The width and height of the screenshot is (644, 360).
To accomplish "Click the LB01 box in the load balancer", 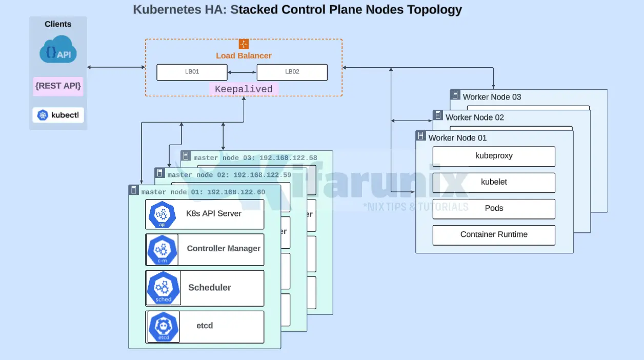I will pos(192,72).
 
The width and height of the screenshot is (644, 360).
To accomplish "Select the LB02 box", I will pos(292,72).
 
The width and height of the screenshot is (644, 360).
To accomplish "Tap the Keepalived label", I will pos(244,89).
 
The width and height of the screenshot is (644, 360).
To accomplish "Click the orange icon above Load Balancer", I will pos(244,44).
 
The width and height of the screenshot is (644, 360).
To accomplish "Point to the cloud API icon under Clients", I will pos(58,50).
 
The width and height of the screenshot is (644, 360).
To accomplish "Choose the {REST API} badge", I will pos(58,86).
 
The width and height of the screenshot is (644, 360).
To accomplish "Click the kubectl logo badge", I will pos(58,115).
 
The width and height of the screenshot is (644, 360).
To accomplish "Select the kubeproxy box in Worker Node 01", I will pos(494,156).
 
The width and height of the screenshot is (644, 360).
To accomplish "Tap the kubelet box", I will pos(494,183).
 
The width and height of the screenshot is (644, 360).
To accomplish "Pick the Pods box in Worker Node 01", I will pos(494,209).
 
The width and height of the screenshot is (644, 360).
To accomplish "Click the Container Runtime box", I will pos(494,235).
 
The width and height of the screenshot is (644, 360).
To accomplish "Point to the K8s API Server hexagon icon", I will pos(162,215).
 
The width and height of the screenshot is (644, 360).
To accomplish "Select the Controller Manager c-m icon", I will pos(162,250).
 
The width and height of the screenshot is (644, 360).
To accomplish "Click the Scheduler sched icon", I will pos(163,288).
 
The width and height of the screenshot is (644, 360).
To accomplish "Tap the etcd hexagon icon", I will pos(163,327).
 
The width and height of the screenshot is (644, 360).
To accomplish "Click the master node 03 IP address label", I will pos(288,158).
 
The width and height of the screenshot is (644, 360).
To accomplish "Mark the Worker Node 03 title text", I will pos(492,97).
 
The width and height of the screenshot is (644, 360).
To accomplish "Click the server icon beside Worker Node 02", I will pos(438,115).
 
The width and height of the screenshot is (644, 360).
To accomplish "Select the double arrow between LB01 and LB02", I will pos(242,72).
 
